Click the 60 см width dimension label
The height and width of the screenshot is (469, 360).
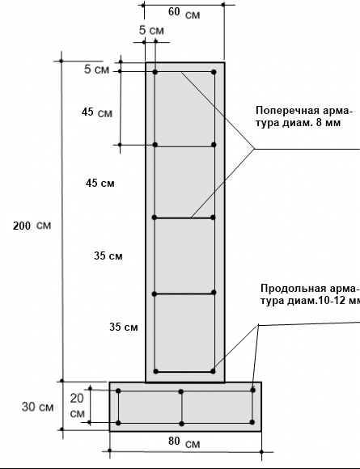tap(184, 13)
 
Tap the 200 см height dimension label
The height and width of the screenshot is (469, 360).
tap(32, 226)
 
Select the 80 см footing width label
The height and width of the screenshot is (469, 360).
tap(184, 442)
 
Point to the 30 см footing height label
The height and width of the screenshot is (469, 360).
tap(38, 407)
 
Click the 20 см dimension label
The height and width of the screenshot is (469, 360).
tap(77, 406)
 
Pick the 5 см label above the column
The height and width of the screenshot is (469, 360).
tap(151, 30)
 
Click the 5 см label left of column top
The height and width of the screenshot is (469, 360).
tap(96, 70)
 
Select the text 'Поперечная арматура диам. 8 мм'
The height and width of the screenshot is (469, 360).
tap(304, 116)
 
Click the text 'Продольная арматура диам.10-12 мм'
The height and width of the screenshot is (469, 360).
tap(311, 294)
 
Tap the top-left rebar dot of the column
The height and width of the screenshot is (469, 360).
tap(155, 72)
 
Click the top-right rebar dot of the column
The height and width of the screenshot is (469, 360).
tap(214, 72)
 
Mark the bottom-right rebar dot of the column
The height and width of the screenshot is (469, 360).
tap(213, 371)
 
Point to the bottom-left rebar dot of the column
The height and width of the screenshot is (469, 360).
tap(155, 371)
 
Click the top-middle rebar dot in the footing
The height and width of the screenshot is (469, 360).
tap(180, 391)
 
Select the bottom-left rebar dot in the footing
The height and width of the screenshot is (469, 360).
tap(118, 423)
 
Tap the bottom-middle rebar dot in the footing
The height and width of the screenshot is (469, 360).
tap(181, 424)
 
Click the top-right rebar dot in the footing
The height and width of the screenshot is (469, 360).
tap(253, 390)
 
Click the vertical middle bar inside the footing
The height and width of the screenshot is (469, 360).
tap(181, 408)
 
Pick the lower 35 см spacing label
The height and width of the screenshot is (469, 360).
tap(124, 327)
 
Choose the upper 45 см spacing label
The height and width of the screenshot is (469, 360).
tap(97, 112)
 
